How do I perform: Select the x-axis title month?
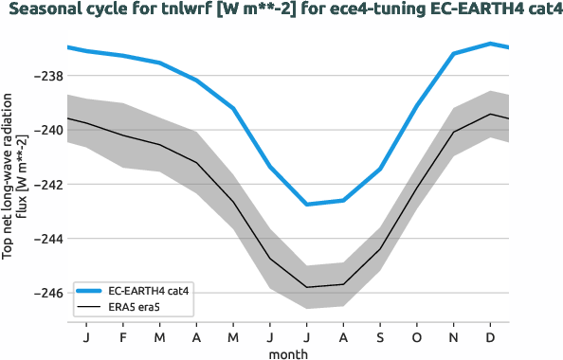287,352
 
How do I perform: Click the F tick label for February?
123,336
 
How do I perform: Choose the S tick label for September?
380,336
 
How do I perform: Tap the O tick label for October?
417,336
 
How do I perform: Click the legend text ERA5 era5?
136,307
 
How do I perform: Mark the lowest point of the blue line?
306,204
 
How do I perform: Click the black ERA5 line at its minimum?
306,286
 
